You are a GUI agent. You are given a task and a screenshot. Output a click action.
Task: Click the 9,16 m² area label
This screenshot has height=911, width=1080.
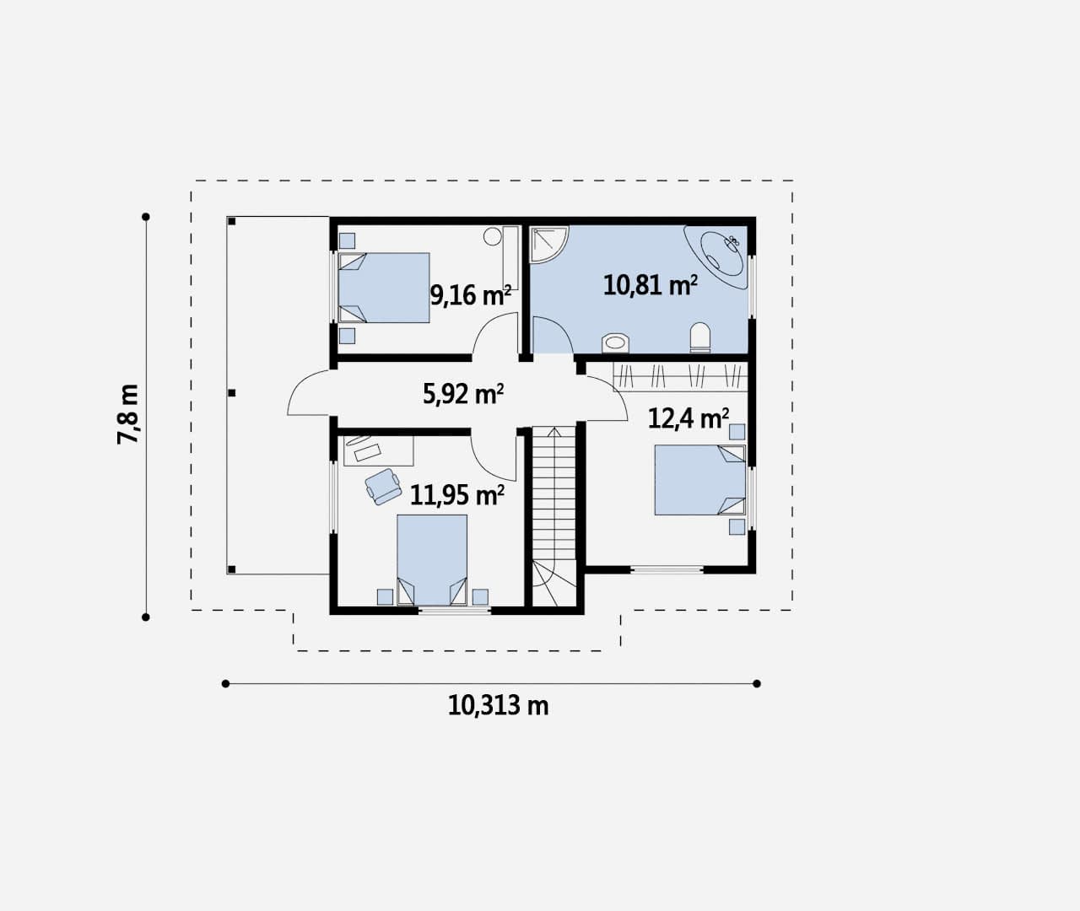point(470,295)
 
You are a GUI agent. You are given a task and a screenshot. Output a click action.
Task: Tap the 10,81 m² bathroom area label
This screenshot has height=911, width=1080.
point(651,285)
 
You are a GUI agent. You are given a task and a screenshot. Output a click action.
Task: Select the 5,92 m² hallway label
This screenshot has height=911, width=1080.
point(463,394)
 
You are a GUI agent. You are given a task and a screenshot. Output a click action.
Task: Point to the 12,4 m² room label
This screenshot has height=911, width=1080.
point(688,418)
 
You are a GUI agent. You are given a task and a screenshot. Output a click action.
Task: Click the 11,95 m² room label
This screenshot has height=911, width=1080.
point(456,495)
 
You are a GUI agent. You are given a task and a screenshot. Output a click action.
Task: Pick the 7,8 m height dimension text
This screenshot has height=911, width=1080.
point(127,414)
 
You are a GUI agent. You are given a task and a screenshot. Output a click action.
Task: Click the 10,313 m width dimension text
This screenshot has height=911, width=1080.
point(498,706)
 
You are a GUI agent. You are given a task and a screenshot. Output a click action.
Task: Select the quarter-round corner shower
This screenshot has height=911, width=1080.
point(548,244)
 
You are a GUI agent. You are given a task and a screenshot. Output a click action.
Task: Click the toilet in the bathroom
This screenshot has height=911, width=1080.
point(699,337)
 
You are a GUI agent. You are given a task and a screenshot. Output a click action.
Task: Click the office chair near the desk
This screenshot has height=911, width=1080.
point(383,487)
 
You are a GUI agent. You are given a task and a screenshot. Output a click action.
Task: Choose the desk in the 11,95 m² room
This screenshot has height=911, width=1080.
point(379,450)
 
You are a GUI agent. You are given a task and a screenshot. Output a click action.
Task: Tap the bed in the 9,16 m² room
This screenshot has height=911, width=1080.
point(384,288)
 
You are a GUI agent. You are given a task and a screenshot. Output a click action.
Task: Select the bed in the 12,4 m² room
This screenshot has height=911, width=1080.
point(699,480)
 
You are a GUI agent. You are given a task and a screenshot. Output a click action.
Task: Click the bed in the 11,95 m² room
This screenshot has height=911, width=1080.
point(432,560)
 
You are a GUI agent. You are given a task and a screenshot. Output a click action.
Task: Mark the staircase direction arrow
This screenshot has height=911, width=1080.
point(554,490)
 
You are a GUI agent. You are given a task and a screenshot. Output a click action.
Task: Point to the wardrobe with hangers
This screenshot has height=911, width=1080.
point(680,376)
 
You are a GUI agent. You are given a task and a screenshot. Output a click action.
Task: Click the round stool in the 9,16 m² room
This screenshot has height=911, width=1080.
point(493,236)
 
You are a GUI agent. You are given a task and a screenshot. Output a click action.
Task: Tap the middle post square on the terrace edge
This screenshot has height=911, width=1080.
point(232,393)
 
